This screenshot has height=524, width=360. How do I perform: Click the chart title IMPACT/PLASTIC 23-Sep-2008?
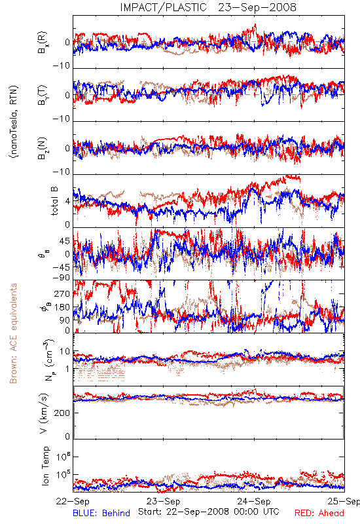208,7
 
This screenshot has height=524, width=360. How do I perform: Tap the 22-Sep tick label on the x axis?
73,501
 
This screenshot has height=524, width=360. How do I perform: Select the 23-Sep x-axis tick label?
164,501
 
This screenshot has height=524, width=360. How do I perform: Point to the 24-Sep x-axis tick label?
254,501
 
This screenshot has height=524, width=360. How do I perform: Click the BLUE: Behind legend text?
101,513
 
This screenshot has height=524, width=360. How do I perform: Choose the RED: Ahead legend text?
319,513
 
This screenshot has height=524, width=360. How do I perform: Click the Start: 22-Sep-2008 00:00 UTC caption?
209,512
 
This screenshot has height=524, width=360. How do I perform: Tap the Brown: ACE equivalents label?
13,333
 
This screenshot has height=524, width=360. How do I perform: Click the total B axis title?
54,201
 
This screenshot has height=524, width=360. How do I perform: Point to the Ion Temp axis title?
45,466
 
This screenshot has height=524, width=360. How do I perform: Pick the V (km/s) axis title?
44,413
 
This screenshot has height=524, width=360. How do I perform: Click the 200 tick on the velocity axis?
62,413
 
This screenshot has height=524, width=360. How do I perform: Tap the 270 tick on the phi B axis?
62,293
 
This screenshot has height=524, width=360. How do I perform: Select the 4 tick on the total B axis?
68,201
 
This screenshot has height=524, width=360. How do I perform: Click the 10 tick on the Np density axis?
65,351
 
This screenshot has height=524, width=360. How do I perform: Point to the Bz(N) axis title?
43,148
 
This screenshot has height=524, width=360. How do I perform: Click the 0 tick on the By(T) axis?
68,95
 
